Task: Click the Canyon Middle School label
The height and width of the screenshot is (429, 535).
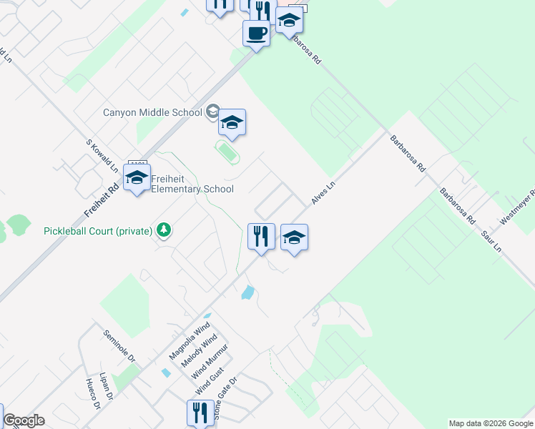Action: [153, 112]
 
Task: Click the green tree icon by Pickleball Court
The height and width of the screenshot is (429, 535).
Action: [165, 230]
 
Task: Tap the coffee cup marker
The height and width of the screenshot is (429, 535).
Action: [256, 33]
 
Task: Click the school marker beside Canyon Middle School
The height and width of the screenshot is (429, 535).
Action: [232, 124]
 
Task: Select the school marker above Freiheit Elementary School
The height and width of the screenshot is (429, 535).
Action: [137, 178]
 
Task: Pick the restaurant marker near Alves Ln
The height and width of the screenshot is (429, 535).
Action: [261, 236]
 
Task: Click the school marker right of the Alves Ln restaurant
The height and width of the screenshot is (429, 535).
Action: [294, 237]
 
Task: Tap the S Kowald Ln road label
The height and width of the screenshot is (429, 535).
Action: [102, 156]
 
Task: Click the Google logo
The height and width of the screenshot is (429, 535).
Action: [24, 420]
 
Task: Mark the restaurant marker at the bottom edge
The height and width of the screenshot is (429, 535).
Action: [198, 413]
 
